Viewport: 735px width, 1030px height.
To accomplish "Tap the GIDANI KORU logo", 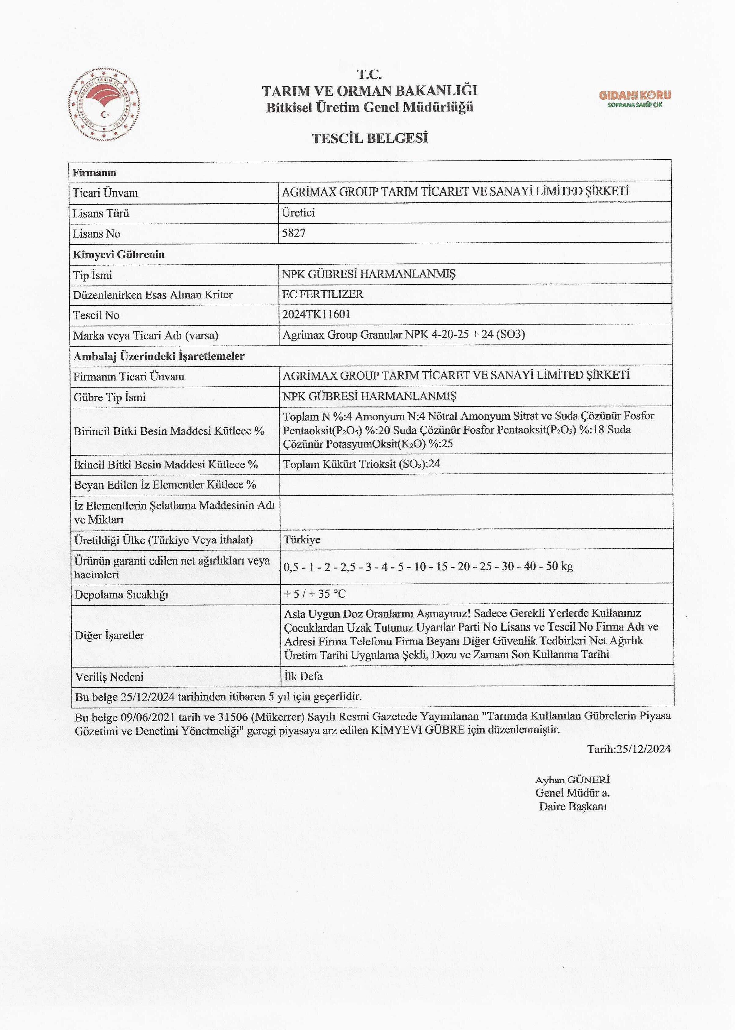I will point(635,98).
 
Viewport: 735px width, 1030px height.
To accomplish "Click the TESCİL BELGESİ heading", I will point(370,138).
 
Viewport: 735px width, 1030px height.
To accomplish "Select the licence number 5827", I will point(294,233).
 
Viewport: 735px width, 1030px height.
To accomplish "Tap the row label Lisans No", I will point(96,234).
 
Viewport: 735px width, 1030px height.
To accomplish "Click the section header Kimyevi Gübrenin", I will point(118,255).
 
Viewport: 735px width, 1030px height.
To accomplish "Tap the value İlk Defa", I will point(303,676).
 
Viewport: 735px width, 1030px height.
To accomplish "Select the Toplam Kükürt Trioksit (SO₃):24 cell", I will point(362,464).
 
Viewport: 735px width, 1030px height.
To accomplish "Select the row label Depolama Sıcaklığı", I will point(121,594).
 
